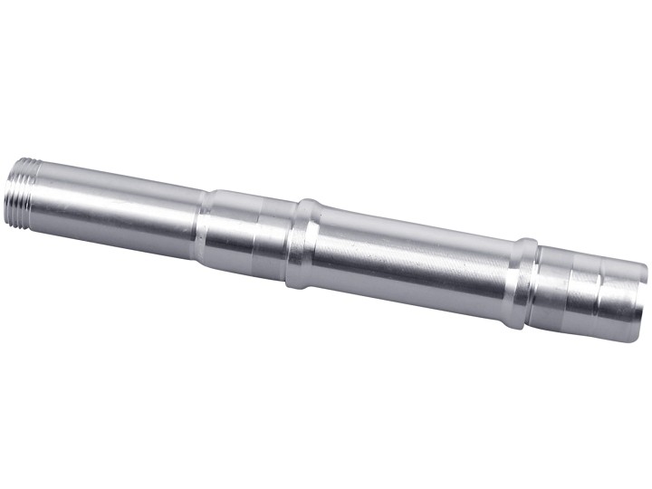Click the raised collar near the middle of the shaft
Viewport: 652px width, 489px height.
point(304,244)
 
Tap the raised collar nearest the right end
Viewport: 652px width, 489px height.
point(521,283)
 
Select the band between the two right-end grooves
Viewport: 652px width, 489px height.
point(583,294)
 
